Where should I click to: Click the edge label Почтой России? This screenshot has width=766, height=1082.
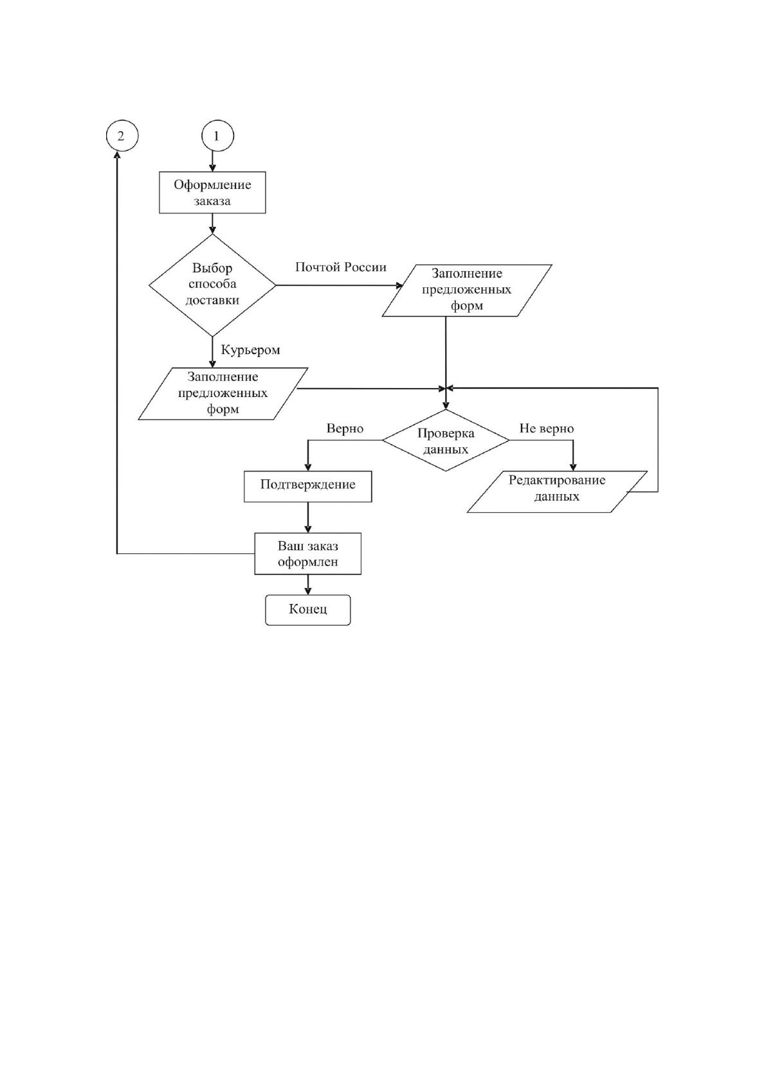(340, 267)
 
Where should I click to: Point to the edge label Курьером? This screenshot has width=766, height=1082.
(250, 350)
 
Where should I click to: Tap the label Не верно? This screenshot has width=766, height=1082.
(547, 429)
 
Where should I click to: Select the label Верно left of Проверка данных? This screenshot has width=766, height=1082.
(345, 429)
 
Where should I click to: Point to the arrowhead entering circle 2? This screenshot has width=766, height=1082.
(116, 155)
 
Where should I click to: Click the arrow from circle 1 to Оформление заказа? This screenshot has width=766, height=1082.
(212, 161)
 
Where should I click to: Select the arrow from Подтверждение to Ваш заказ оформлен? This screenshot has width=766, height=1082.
(307, 518)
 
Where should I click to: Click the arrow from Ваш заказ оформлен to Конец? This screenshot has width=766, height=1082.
(307, 585)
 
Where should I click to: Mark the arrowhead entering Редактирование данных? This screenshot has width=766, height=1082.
(573, 467)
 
